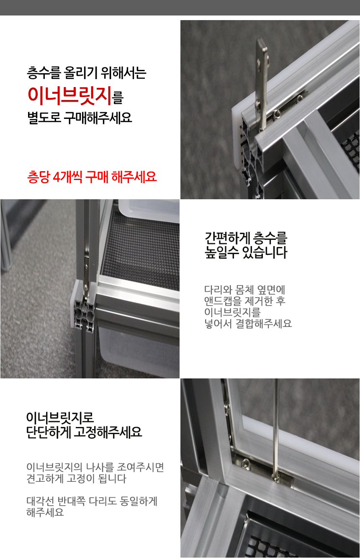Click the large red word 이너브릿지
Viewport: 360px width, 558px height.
click(69, 96)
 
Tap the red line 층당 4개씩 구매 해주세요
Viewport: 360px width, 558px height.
click(92, 177)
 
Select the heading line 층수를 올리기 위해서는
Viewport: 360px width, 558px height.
click(87, 73)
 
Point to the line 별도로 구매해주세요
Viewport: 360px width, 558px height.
click(80, 118)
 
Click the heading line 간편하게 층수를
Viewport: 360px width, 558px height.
click(246, 238)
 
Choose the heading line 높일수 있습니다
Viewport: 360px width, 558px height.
click(246, 252)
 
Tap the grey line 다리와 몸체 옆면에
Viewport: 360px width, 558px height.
click(244, 290)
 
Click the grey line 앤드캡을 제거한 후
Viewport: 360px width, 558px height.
click(244, 301)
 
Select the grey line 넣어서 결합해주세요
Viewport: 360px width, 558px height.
click(248, 323)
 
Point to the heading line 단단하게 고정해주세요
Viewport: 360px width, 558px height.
click(84, 432)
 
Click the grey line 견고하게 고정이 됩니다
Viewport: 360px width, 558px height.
click(77, 478)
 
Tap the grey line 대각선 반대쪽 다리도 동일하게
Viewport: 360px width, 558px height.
click(92, 501)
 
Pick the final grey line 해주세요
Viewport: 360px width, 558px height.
click(45, 512)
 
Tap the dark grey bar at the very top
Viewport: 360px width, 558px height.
click(180, 8)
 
